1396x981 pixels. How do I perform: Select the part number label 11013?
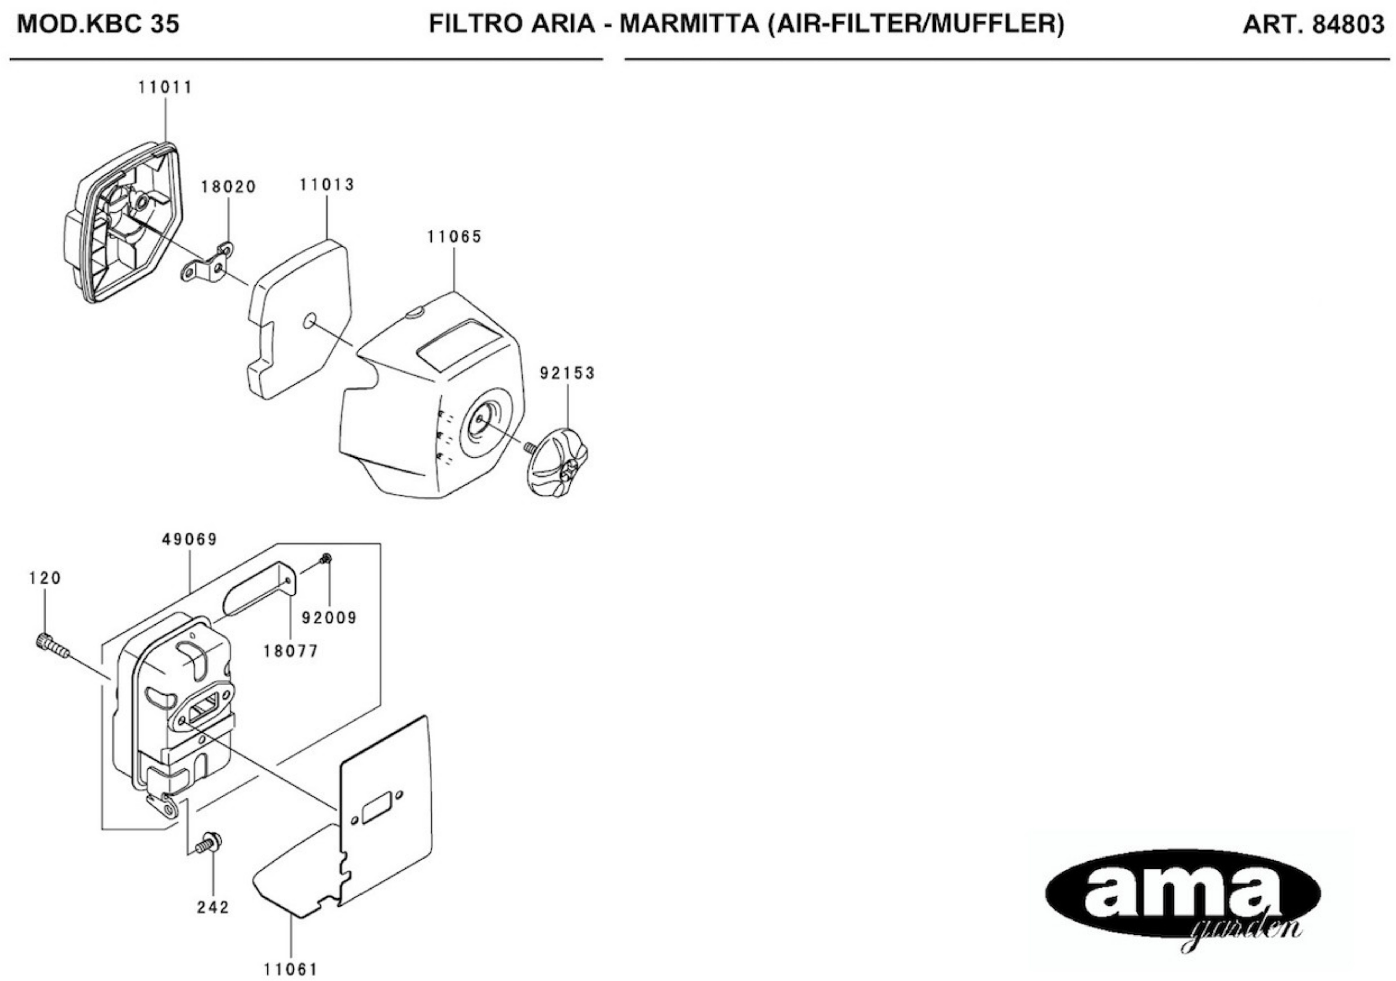tap(327, 185)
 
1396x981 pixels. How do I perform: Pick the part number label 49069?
tap(190, 539)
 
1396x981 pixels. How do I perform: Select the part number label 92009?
tap(330, 618)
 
